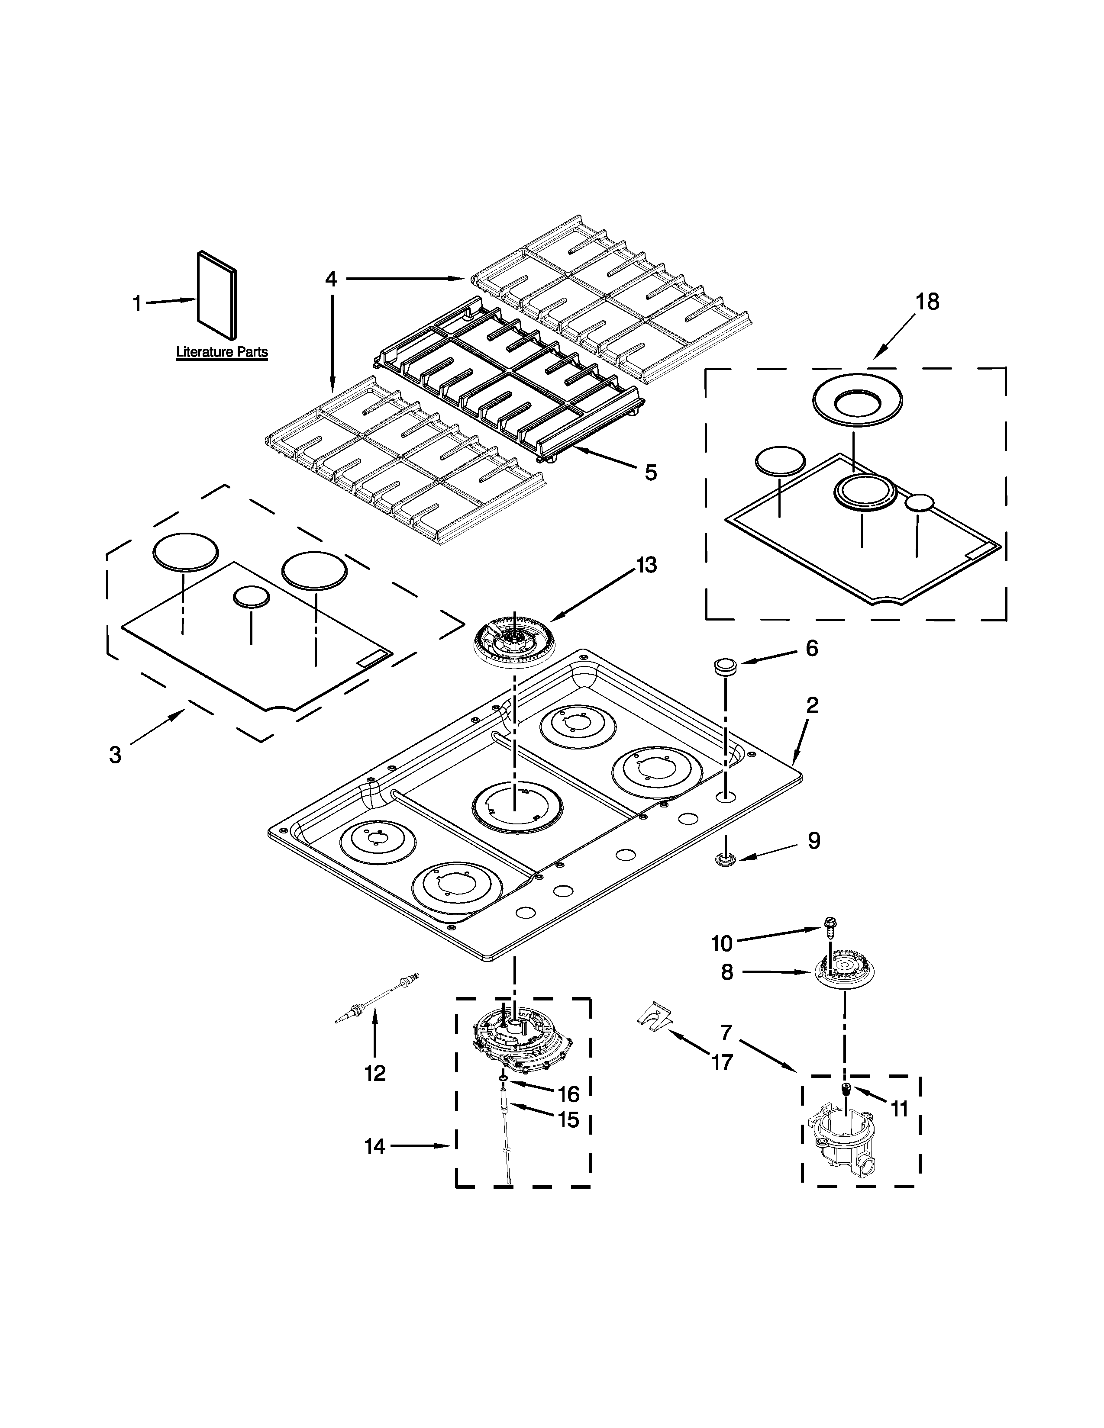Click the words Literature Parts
pyautogui.click(x=222, y=352)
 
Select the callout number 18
pyautogui.click(x=927, y=302)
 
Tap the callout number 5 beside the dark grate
pyautogui.click(x=650, y=472)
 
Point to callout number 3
pyautogui.click(x=115, y=755)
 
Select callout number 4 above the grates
pyautogui.click(x=332, y=279)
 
